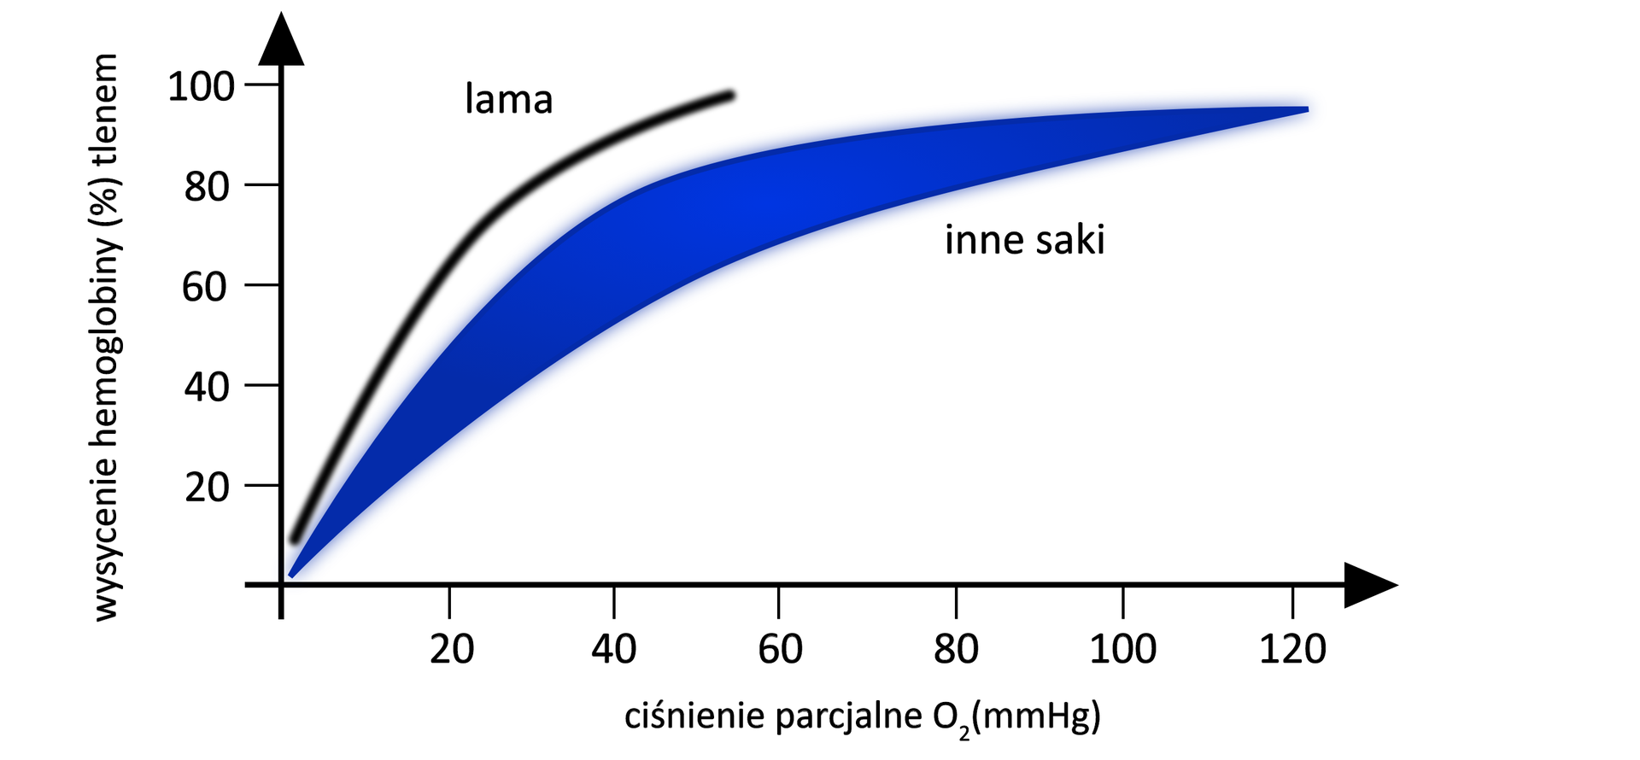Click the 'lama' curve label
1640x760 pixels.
pos(508,100)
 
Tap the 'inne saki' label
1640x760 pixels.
pos(1024,240)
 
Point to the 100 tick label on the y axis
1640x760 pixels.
pos(201,86)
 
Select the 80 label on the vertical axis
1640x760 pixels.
pos(208,186)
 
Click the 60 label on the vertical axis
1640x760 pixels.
pos(205,287)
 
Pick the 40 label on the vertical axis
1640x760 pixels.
pos(207,387)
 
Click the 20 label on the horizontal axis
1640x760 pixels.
pos(452,650)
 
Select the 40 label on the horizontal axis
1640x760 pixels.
pos(614,650)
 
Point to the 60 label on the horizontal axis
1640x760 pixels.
pos(780,650)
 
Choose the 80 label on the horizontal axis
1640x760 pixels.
pos(956,650)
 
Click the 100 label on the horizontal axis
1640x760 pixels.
pos(1122,650)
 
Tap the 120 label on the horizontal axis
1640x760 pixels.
pos(1293,650)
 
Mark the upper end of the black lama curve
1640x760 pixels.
pos(730,95)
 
